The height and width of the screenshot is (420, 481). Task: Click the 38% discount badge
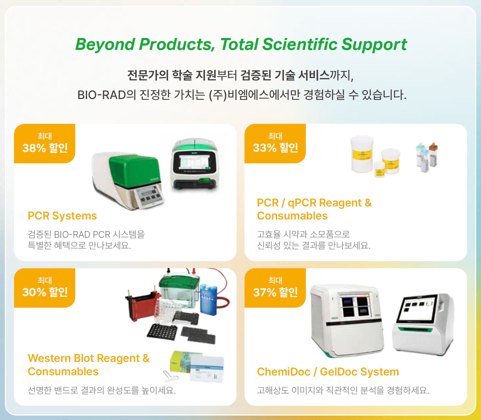[x=44, y=144]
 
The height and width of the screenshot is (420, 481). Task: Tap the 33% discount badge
[x=275, y=144]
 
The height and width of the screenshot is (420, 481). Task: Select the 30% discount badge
[x=44, y=288]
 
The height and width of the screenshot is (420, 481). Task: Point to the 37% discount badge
[x=275, y=288]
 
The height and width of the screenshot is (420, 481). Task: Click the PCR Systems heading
[x=62, y=216]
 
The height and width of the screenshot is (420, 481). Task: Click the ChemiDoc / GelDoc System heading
[x=328, y=372]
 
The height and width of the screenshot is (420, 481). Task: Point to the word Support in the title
[x=374, y=44]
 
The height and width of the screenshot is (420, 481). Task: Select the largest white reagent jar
[x=362, y=154]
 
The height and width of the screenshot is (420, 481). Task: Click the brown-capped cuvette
[x=433, y=155]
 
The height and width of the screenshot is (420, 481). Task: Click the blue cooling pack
[x=208, y=300]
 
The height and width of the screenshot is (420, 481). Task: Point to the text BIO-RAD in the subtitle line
[x=102, y=95]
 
